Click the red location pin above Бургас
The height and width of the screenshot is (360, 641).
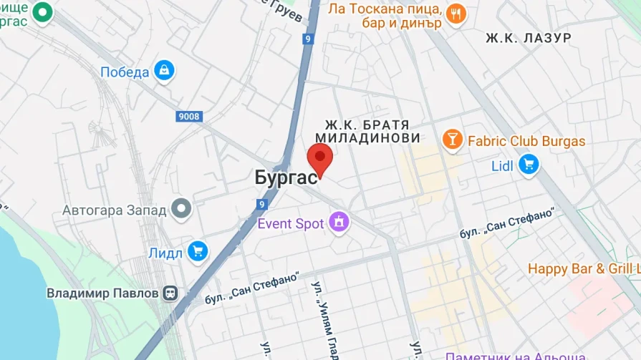pos(319,157)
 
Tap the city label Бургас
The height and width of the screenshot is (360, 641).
pos(286,178)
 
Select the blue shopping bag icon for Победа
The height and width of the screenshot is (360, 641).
pos(165,71)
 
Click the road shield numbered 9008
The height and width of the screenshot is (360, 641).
pos(189,116)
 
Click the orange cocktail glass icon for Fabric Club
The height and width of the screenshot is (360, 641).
pos(453,140)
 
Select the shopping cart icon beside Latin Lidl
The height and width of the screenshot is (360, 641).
pos(529,165)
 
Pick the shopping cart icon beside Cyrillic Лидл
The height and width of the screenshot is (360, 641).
pos(197,251)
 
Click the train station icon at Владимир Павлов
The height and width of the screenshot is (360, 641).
pos(170,293)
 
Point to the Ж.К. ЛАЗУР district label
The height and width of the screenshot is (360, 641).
pos(528,37)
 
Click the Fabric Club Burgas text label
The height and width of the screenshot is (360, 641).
pos(526,141)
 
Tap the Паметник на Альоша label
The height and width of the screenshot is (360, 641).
pos(515,355)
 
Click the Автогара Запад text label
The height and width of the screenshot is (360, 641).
pos(114,210)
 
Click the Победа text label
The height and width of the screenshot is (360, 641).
pos(125,72)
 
